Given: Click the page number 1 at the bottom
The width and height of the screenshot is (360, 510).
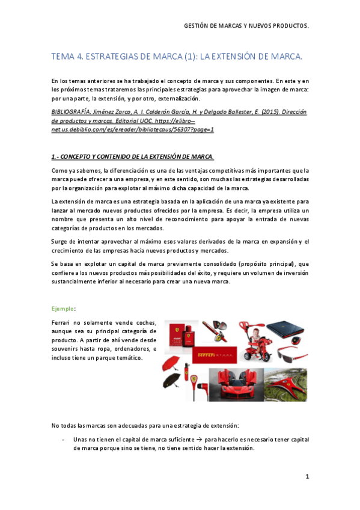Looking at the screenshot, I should click(x=307, y=477).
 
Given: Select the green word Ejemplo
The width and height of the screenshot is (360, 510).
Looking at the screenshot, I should click(x=63, y=309).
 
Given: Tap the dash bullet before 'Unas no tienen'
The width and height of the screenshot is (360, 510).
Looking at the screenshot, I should click(x=64, y=440).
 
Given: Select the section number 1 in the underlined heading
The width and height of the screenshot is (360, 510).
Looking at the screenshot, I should click(x=53, y=157).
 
